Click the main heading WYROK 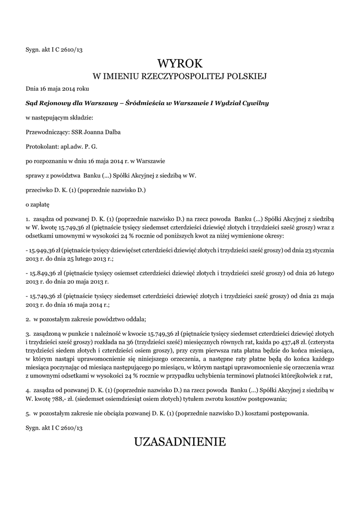click(180, 63)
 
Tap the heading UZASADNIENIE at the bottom click(180, 441)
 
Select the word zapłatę click(40, 204)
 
